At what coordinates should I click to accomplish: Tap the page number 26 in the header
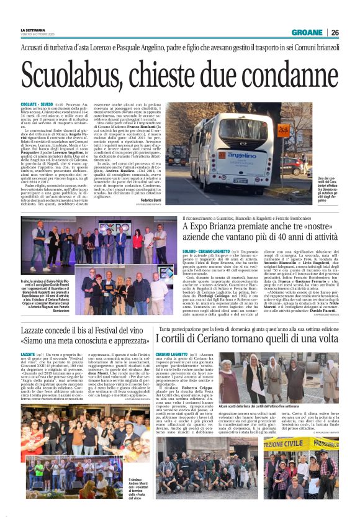click(x=335, y=33)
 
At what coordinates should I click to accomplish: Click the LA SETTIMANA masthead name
click(x=32, y=30)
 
